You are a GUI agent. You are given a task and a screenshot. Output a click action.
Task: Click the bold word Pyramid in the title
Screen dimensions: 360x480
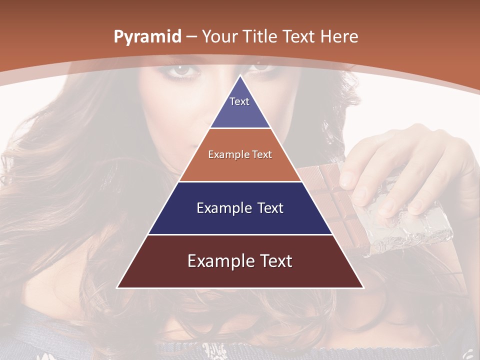coord(147,37)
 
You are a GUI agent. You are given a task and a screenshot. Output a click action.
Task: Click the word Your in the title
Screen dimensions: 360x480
coord(218,36)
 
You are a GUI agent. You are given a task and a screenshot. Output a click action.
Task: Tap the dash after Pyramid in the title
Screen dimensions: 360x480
coord(192,37)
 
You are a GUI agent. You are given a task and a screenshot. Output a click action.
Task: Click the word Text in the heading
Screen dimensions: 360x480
coord(300,36)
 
